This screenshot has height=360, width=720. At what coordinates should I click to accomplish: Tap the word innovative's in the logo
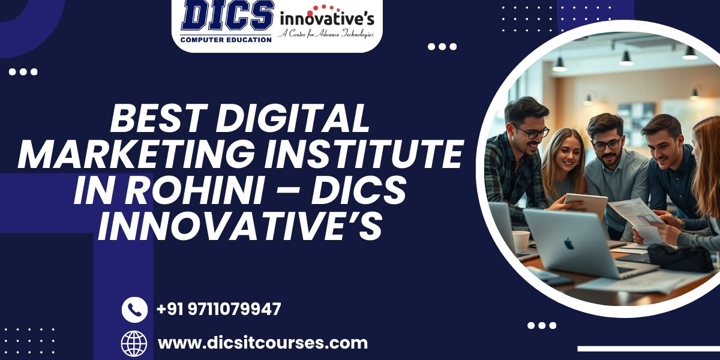[327, 19]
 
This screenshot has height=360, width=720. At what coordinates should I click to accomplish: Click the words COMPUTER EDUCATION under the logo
[226, 40]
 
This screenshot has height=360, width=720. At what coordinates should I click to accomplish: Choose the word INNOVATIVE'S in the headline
[240, 226]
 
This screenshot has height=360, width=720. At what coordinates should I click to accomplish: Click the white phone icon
[134, 310]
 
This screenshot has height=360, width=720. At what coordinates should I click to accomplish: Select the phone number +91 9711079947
[218, 309]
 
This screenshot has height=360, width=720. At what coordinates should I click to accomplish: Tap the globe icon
[134, 343]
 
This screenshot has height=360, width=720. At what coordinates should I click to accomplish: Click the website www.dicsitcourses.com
[263, 343]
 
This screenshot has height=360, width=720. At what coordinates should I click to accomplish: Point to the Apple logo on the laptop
[569, 244]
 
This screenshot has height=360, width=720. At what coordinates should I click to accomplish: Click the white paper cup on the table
[521, 242]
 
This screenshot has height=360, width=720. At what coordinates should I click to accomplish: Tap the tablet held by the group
[586, 205]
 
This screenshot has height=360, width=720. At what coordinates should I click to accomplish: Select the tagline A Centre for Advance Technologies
[326, 34]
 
